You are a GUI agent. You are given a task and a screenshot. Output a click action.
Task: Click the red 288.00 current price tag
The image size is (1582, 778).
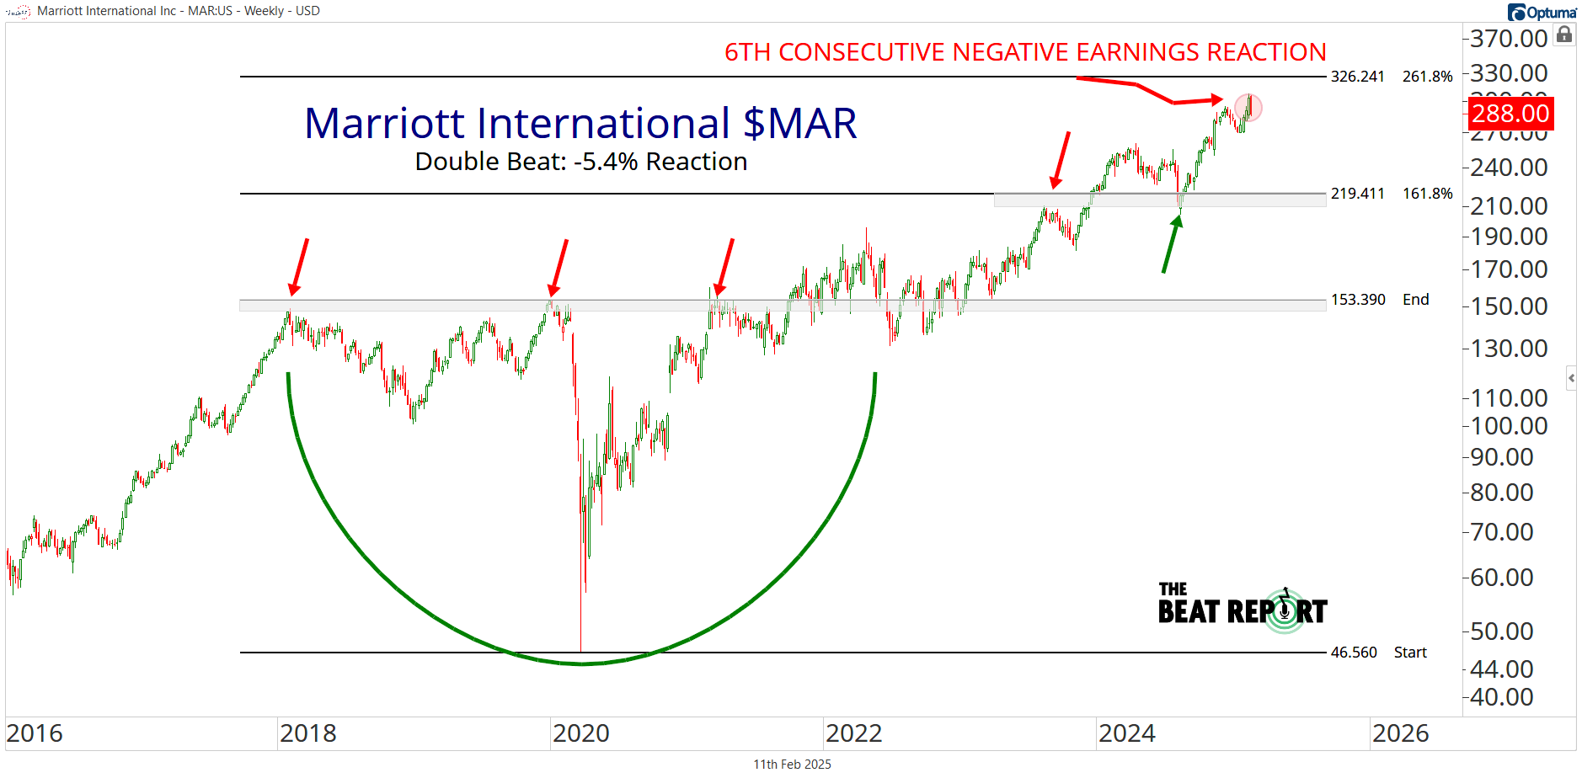[x=1510, y=113]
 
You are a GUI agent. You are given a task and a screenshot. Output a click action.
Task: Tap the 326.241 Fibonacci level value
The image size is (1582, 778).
[x=1357, y=77]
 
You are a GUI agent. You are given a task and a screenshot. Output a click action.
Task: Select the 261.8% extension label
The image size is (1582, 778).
[x=1427, y=77]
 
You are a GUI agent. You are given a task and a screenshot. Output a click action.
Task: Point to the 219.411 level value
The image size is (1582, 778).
[x=1357, y=194]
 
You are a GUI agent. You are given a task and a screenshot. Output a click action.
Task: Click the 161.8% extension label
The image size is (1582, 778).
[x=1427, y=194]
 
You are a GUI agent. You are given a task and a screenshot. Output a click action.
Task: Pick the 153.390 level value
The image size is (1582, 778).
[x=1357, y=300]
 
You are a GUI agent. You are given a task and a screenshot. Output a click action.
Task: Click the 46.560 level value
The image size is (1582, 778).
[x=1354, y=653]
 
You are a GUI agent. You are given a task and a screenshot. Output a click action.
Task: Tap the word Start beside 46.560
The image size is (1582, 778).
[x=1410, y=653]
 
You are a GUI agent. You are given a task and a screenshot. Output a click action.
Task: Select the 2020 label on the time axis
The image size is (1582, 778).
[x=580, y=733]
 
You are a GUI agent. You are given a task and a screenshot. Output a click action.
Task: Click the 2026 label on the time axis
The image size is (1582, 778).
[x=1400, y=733]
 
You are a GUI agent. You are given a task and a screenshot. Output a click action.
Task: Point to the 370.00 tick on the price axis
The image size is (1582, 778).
[x=1509, y=39]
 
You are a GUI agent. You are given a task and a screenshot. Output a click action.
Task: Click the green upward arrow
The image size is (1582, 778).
[x=1171, y=243]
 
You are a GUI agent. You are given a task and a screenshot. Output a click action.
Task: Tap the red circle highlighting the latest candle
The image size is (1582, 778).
[x=1249, y=108]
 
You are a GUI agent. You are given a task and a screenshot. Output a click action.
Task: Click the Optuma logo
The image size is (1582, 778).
[x=1542, y=12]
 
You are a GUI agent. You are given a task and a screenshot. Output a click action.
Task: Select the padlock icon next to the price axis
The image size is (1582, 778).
[x=1564, y=35]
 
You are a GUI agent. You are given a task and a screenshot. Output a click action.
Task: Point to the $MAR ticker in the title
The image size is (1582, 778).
[x=799, y=124]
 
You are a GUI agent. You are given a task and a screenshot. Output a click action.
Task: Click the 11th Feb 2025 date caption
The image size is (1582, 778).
[x=792, y=765]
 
